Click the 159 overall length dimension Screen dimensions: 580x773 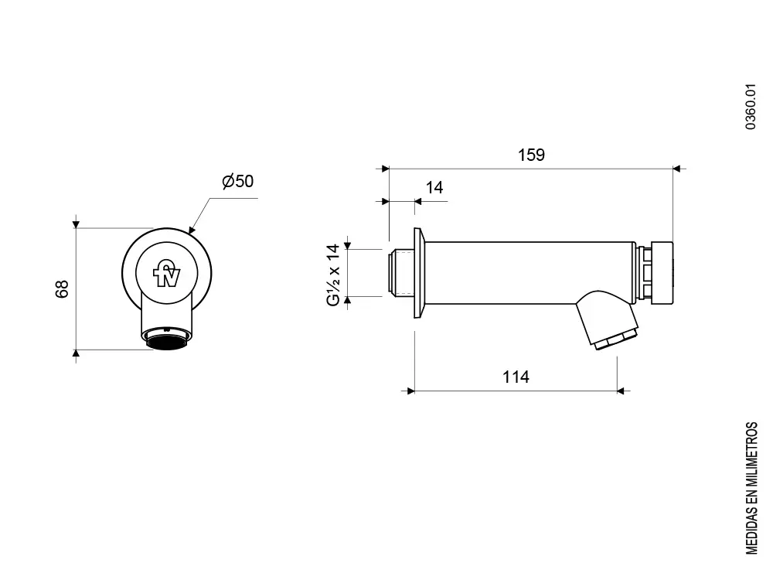(530, 155)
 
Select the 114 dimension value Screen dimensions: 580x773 (516, 377)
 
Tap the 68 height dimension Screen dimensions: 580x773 (63, 288)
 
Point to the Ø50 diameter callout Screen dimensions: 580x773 (237, 182)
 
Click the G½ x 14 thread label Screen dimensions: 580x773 (333, 275)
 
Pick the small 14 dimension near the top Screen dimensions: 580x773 (434, 188)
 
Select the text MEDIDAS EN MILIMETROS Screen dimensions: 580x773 (751, 488)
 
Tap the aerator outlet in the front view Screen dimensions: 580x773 (168, 339)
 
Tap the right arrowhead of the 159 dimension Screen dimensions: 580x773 (677, 168)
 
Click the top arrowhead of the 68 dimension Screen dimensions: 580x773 (76, 224)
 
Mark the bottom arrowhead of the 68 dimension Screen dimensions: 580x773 (76, 354)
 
